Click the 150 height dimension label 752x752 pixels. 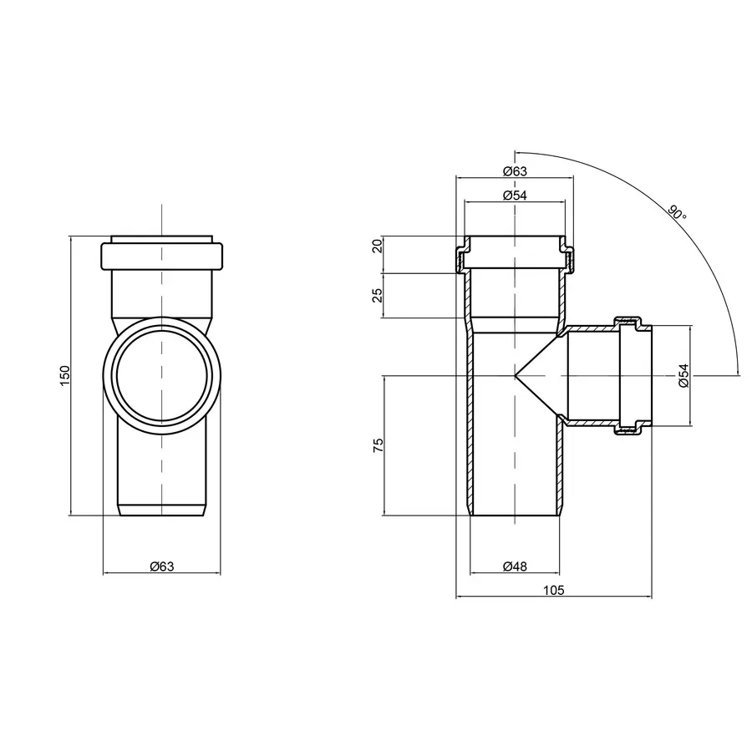66,375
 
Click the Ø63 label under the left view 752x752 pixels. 162,567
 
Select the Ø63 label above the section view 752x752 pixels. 515,171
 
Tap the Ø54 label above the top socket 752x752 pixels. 515,196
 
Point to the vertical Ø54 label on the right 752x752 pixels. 683,375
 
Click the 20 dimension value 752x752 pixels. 378,246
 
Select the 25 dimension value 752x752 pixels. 378,295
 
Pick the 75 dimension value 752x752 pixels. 378,445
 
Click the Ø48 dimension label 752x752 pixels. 515,567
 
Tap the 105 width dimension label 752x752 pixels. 553,591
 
